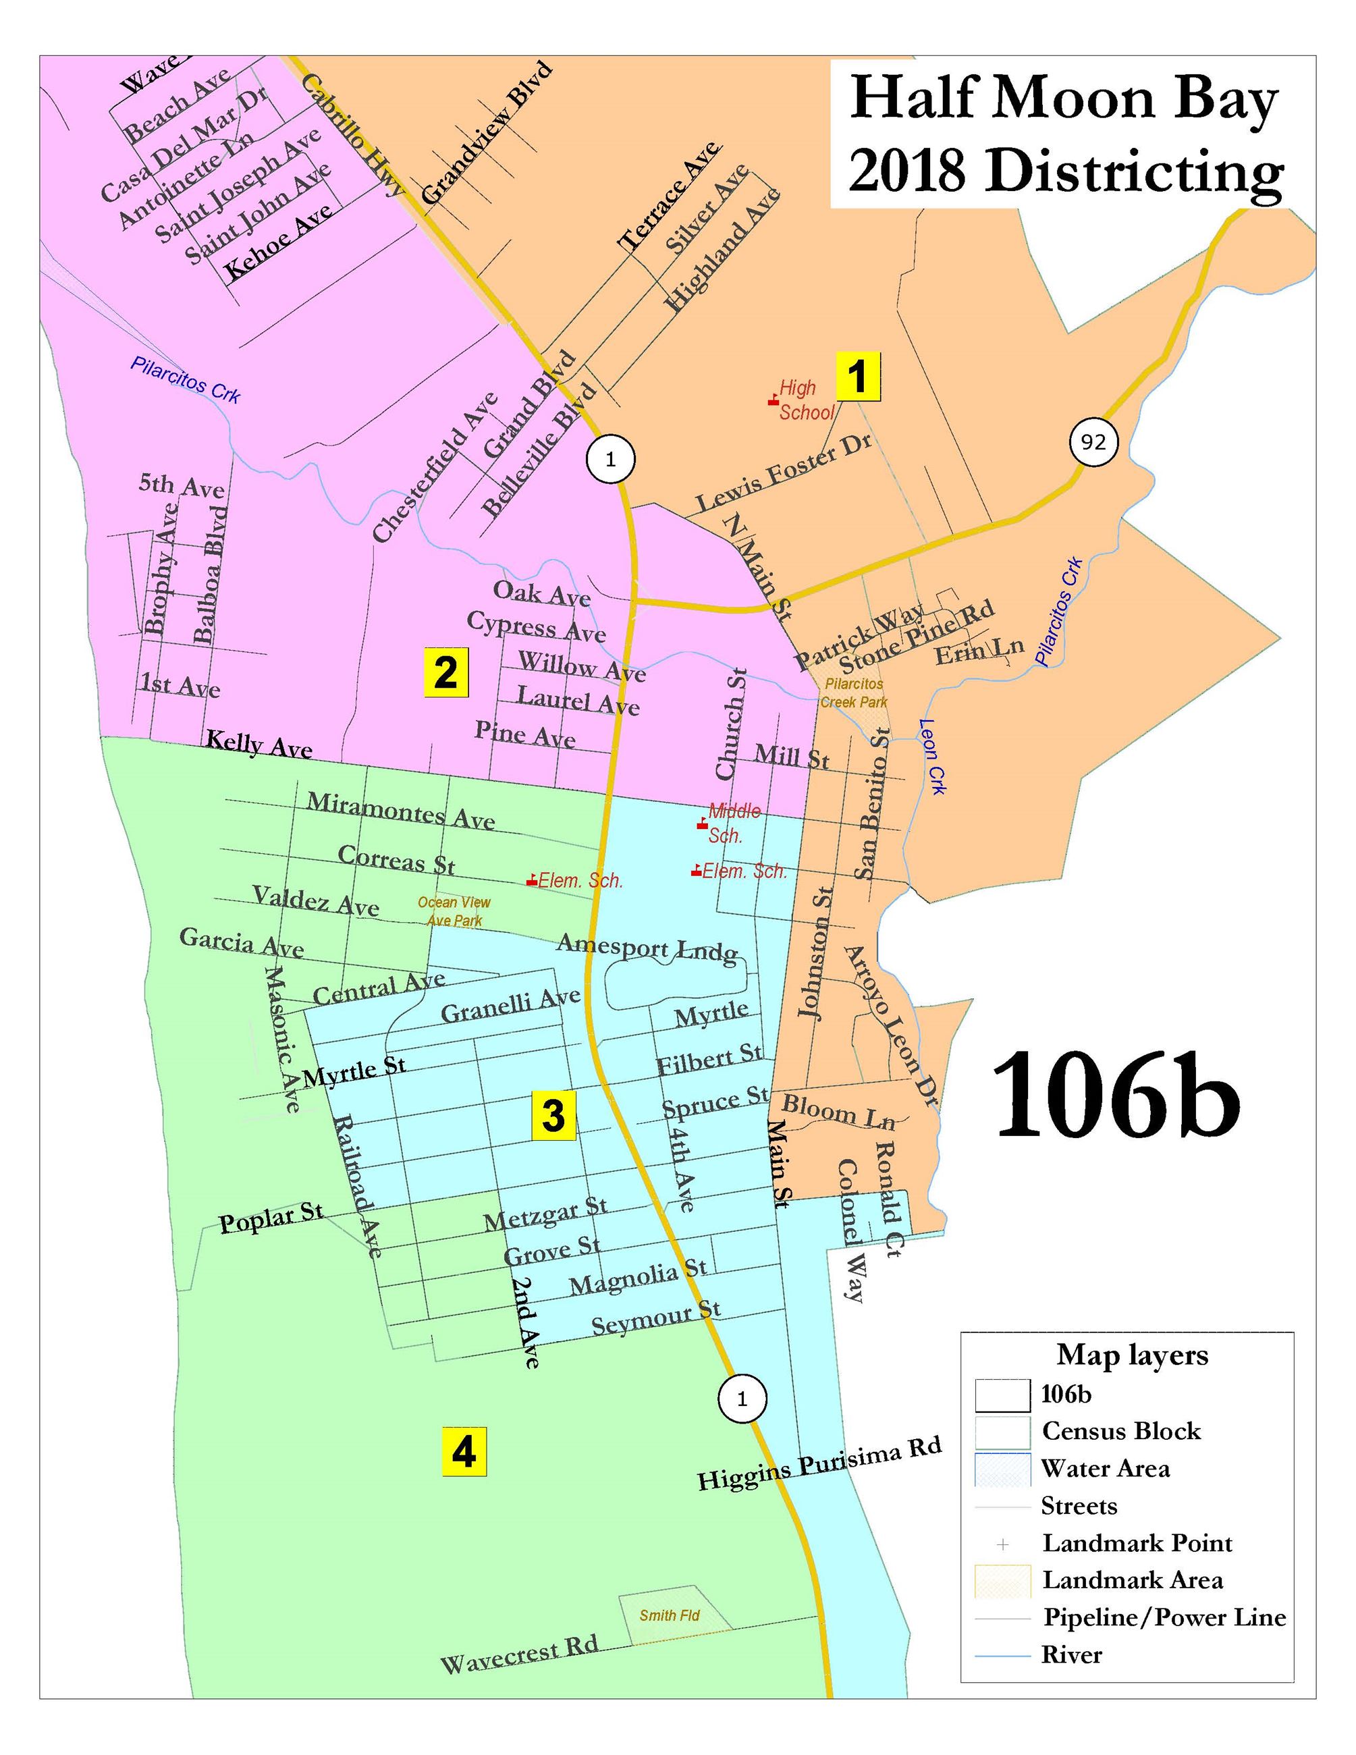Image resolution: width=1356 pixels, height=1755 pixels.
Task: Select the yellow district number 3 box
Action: click(x=554, y=1116)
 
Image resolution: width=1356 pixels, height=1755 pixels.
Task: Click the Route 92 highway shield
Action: click(x=1093, y=442)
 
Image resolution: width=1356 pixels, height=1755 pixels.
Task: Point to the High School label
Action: click(x=806, y=400)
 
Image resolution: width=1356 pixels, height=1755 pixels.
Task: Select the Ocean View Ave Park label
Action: click(x=454, y=911)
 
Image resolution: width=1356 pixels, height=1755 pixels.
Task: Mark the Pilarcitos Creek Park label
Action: click(x=853, y=693)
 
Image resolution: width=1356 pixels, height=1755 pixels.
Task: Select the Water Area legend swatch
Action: click(x=1002, y=1469)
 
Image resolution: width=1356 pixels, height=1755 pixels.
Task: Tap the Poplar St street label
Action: click(x=271, y=1218)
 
